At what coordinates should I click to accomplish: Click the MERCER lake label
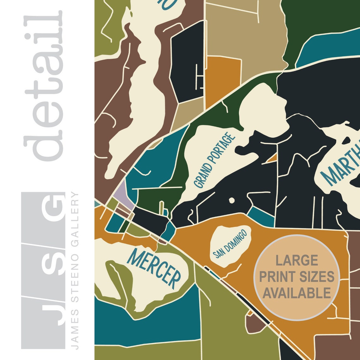pos(154,269)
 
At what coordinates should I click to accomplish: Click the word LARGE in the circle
pos(297,261)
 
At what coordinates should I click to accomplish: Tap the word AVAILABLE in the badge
pos(297,293)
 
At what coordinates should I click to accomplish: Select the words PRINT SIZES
pos(297,277)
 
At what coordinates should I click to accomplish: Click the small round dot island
pos(231,200)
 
